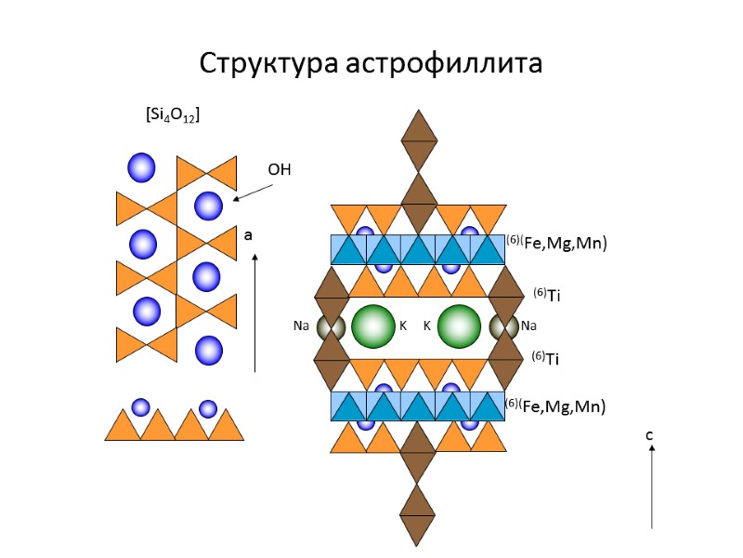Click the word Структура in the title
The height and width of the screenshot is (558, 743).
pyautogui.click(x=269, y=64)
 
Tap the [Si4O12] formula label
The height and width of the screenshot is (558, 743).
pyautogui.click(x=174, y=114)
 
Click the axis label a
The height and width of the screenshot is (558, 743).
pyautogui.click(x=248, y=236)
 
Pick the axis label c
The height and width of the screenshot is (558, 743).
pyautogui.click(x=650, y=433)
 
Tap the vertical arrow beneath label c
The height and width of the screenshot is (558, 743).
pyautogui.click(x=652, y=487)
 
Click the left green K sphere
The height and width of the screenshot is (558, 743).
pyautogui.click(x=373, y=326)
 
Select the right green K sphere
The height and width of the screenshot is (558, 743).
pyautogui.click(x=460, y=326)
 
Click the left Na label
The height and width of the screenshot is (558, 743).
pyautogui.click(x=301, y=326)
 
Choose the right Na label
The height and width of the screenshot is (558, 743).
pyautogui.click(x=528, y=326)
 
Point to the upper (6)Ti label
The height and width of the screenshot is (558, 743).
pyautogui.click(x=547, y=296)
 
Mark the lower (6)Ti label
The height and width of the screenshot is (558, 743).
pyautogui.click(x=545, y=357)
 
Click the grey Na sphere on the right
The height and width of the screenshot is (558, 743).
pyautogui.click(x=505, y=327)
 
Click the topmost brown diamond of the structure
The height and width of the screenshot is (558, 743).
pyautogui.click(x=419, y=139)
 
